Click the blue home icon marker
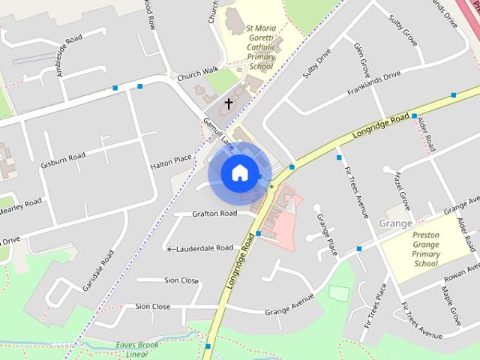(239, 173)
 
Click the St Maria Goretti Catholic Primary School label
(261, 48)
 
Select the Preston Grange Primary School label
(425, 249)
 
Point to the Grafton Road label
(214, 214)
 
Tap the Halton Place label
(171, 160)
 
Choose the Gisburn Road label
(65, 160)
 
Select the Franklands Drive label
(373, 84)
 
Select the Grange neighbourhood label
(395, 223)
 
